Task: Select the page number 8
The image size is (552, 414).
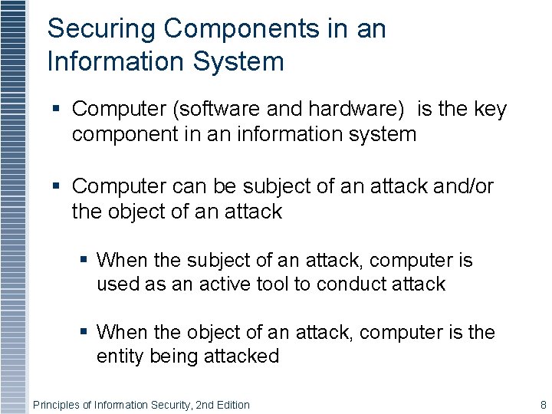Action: tap(543, 405)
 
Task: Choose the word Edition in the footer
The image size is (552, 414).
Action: tap(230, 405)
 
